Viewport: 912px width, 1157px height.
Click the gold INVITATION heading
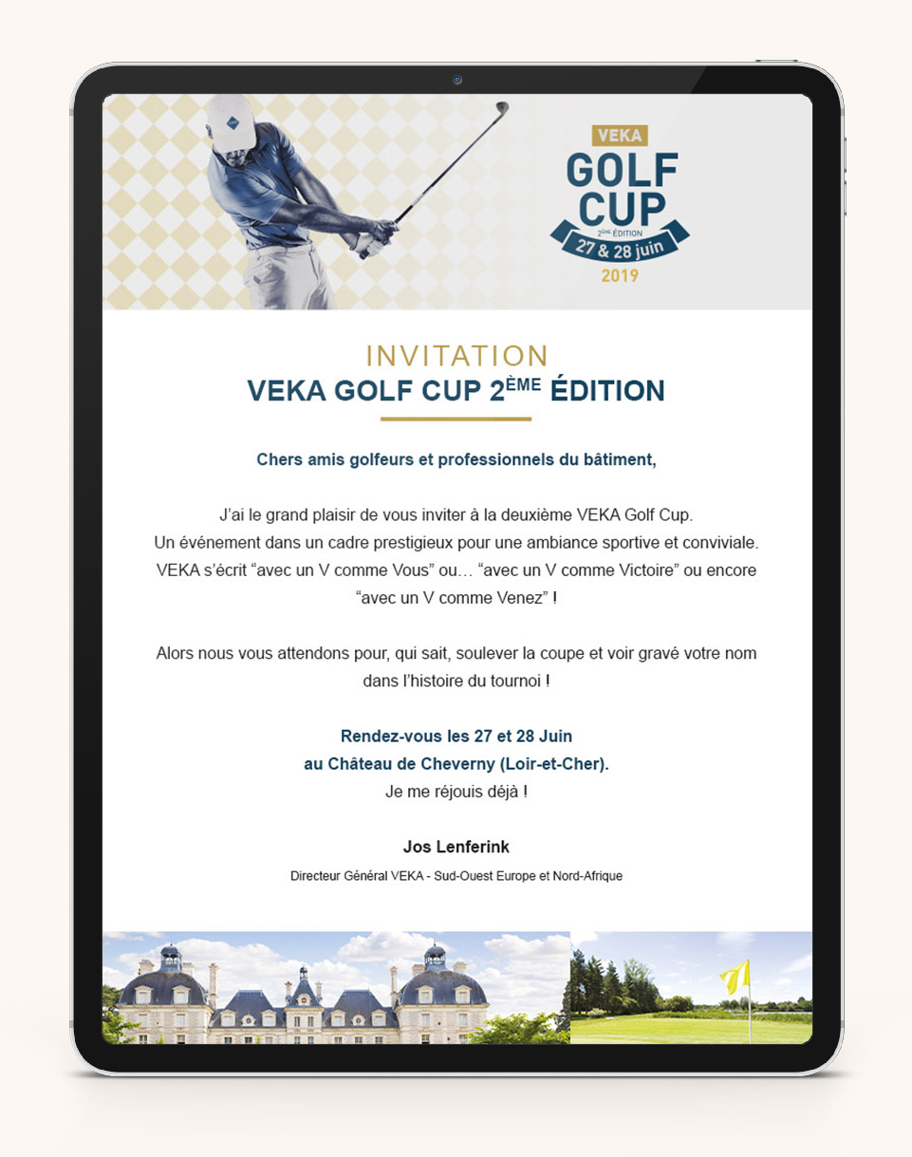coord(456,356)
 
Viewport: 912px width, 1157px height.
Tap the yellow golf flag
coord(735,976)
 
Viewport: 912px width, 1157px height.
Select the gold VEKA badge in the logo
coord(620,136)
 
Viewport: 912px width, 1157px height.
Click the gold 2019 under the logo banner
coord(620,276)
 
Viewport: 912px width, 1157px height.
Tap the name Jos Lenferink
coord(456,846)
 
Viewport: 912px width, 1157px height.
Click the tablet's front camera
coord(456,80)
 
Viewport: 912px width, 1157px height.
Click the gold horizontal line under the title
coord(456,419)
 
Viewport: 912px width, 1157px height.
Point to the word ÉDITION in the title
coord(607,391)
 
